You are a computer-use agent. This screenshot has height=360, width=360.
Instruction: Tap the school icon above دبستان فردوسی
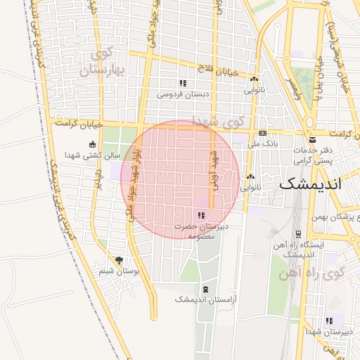click(183, 83)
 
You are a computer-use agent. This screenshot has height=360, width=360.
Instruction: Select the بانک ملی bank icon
click(262, 133)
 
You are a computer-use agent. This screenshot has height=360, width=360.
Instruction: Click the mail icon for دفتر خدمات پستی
click(312, 140)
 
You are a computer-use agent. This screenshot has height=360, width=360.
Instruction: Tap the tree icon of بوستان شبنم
click(118, 260)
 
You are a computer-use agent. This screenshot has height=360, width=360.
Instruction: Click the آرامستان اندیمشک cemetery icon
click(205, 289)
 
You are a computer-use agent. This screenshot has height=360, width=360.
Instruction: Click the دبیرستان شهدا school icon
click(329, 321)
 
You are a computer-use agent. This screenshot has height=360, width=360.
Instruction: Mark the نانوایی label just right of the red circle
click(250, 188)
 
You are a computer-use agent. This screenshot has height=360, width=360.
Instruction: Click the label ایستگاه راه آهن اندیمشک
click(300, 250)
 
